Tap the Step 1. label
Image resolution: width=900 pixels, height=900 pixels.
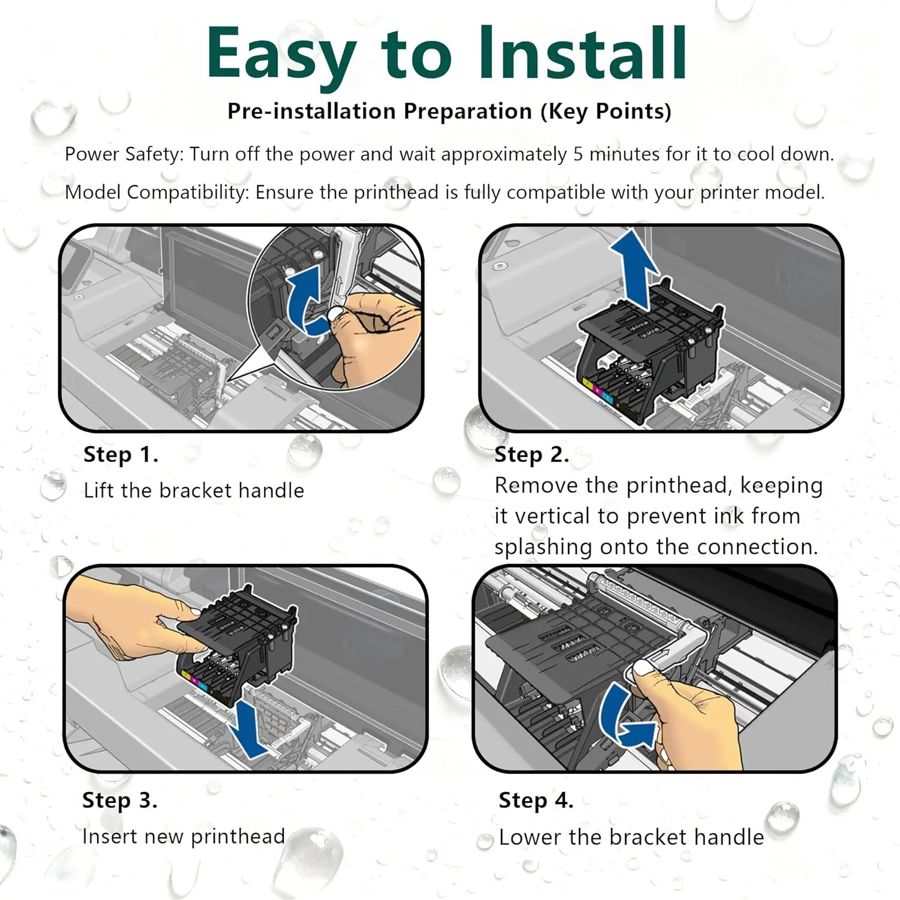click(x=121, y=455)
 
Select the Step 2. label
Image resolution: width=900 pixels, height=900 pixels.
click(x=532, y=455)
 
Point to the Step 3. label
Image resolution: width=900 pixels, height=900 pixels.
click(x=120, y=800)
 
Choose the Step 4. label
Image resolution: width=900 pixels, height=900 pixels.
click(x=536, y=800)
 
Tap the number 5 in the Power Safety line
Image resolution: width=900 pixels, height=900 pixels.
click(x=578, y=154)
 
